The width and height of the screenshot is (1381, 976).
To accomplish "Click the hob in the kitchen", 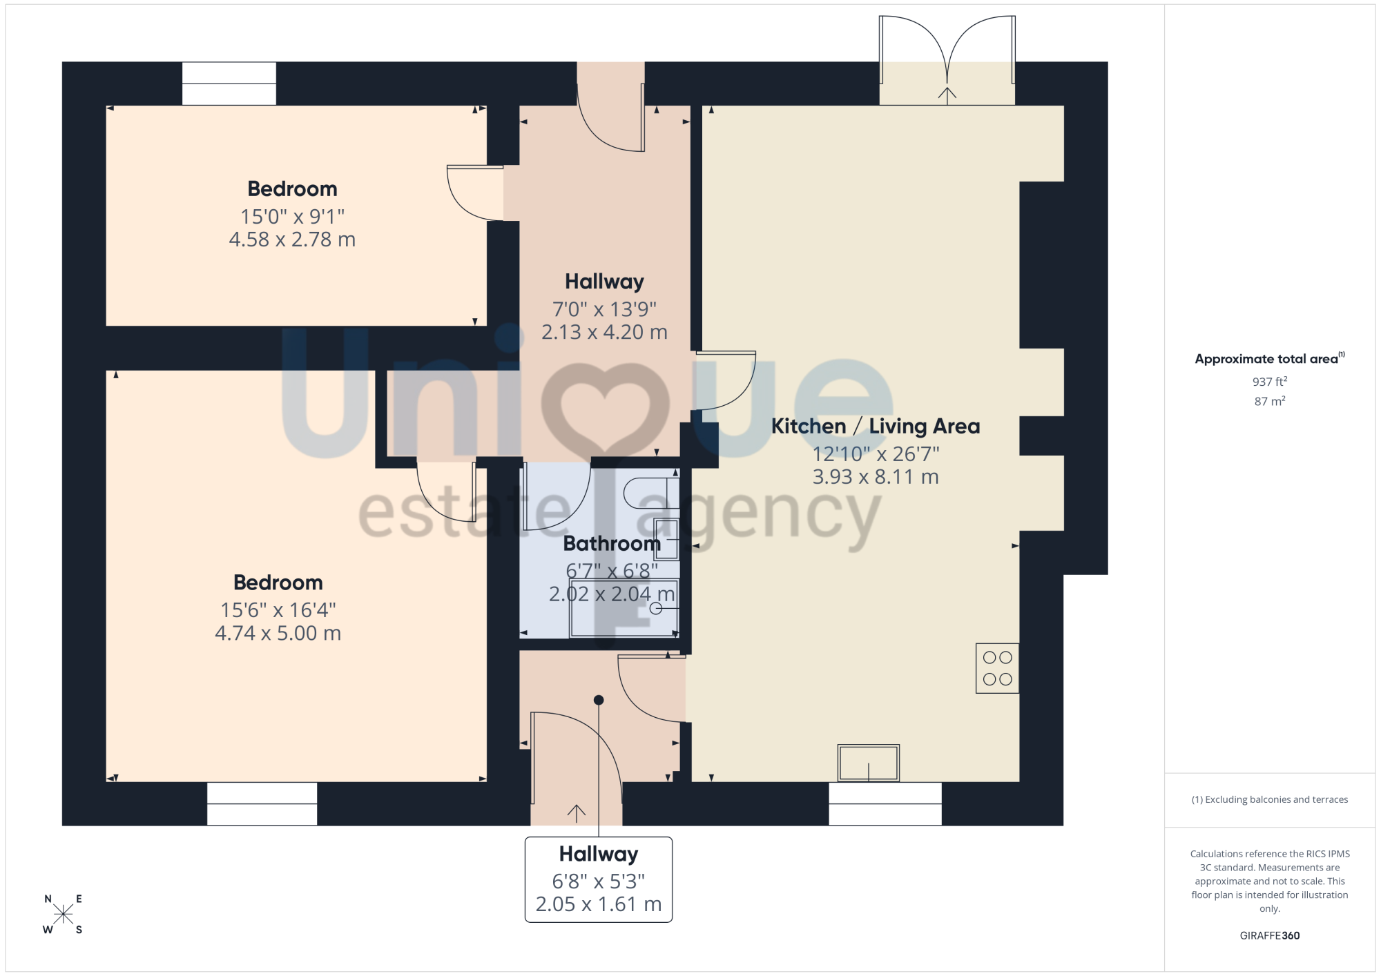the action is [x=997, y=668].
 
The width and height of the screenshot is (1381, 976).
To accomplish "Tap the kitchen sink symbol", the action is [x=869, y=763].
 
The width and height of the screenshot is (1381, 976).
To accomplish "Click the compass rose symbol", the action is [x=63, y=915].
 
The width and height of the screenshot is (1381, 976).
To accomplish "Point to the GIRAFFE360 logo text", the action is [x=1269, y=936].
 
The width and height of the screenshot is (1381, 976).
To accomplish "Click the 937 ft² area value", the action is [x=1270, y=382].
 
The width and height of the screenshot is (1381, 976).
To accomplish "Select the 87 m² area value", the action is [x=1270, y=401].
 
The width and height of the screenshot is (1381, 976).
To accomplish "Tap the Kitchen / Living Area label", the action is [x=876, y=427].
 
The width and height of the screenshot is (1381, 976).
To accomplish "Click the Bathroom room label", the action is [x=612, y=544].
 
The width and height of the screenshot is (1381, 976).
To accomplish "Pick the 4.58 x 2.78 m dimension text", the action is [x=292, y=240].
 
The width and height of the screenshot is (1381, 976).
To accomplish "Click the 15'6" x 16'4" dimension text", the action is [x=278, y=610].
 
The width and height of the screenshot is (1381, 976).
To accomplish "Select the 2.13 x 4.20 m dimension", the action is [x=604, y=332].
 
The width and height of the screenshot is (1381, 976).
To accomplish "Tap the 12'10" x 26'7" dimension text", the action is [x=876, y=454].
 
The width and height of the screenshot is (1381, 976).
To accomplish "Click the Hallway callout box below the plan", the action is [x=599, y=879].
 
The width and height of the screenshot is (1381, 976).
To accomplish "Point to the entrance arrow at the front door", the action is [x=577, y=813].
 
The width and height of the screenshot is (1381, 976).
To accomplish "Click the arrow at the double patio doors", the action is [x=947, y=95].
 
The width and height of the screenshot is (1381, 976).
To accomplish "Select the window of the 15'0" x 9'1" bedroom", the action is [x=229, y=84].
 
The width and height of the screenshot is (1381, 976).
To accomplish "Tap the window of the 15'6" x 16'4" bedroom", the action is [x=262, y=803].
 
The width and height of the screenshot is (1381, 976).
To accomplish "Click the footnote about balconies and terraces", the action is [x=1269, y=799].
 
